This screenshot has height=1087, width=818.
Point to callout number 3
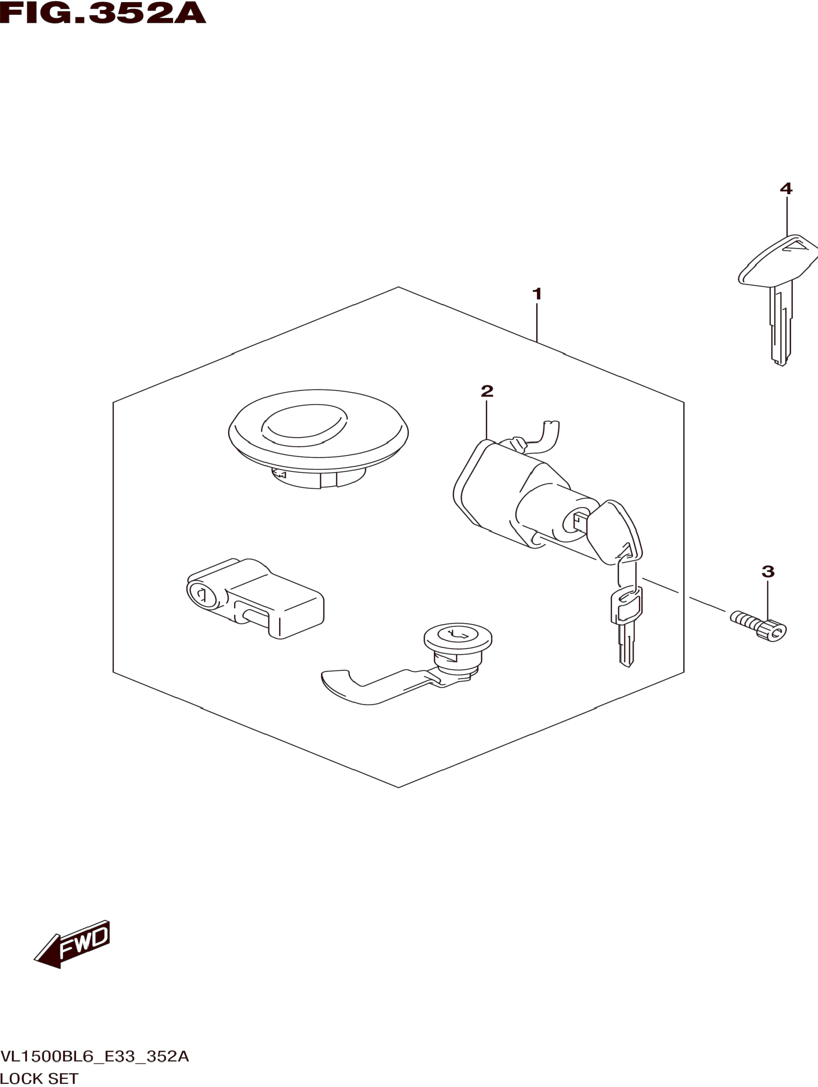(x=768, y=571)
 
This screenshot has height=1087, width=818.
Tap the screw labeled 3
(x=759, y=626)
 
